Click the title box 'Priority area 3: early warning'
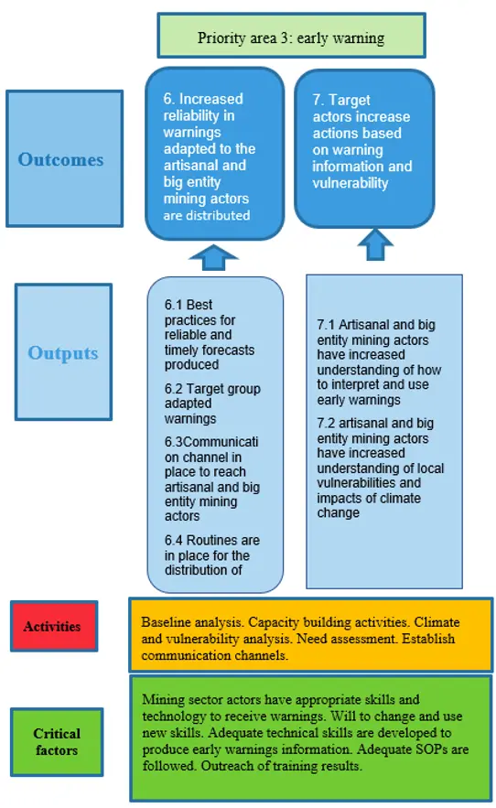291,35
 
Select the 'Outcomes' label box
64,158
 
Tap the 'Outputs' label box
63,352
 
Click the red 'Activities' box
54,626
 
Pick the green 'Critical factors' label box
57,741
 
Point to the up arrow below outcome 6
213,257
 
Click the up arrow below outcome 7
375,244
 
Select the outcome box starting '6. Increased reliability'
214,154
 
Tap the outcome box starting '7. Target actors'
364,148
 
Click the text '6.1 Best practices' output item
210,334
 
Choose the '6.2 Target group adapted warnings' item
212,404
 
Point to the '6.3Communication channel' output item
212,479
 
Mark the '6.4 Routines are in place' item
212,555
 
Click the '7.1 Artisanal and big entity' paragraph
379,362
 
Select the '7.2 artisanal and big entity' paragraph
381,468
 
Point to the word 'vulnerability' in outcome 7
350,183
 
